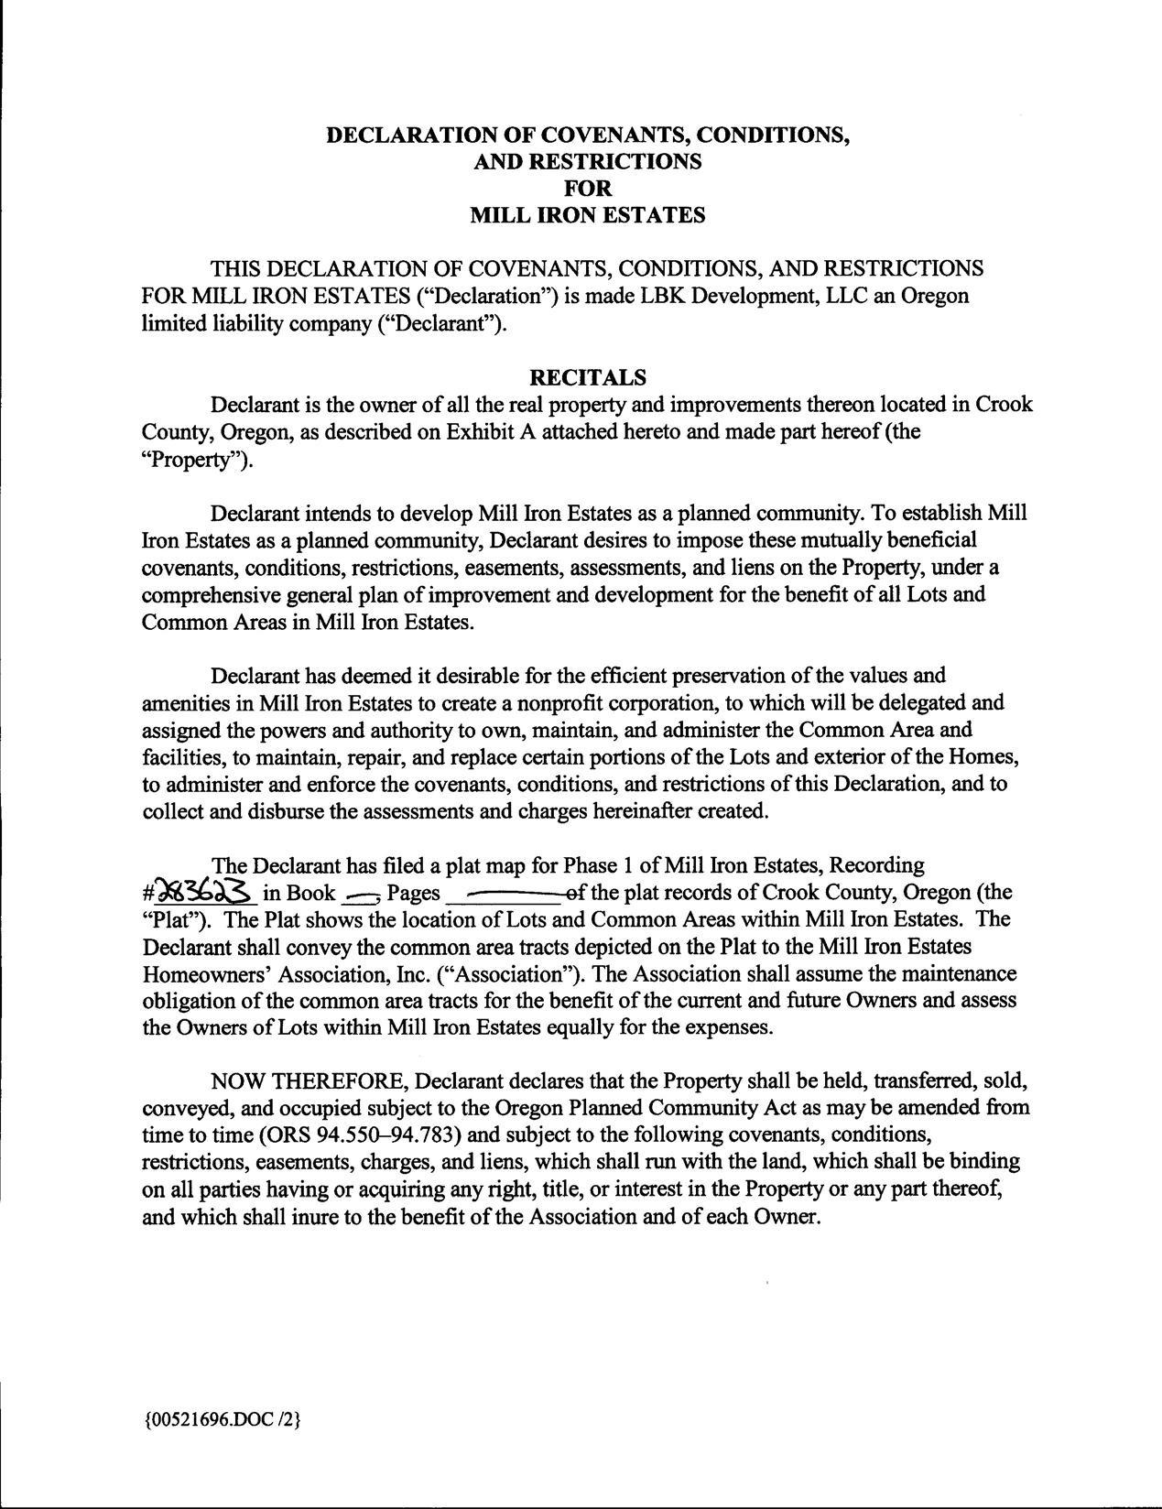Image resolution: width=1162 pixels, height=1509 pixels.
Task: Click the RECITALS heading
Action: (588, 377)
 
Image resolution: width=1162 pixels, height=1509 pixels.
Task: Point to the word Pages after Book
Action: (415, 892)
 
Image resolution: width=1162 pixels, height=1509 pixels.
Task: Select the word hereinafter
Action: (663, 810)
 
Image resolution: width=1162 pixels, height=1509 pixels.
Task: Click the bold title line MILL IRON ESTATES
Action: (588, 215)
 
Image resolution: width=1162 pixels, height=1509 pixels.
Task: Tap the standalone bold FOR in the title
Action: (588, 188)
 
